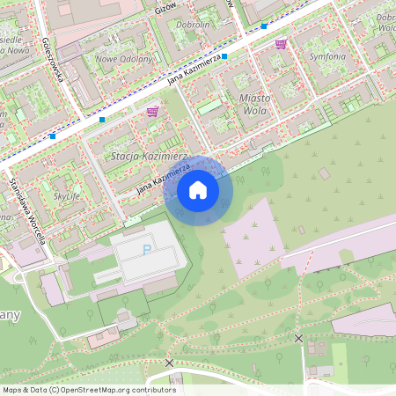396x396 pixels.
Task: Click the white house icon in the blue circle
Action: pyautogui.click(x=198, y=189)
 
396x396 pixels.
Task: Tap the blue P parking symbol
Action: pyautogui.click(x=145, y=249)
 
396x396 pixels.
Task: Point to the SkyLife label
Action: pyautogui.click(x=67, y=196)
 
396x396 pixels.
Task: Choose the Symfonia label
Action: pyautogui.click(x=327, y=55)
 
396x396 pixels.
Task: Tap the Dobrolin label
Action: pyautogui.click(x=193, y=25)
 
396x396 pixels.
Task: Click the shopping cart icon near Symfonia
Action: pyautogui.click(x=281, y=43)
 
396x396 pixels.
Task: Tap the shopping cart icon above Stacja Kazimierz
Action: pyautogui.click(x=153, y=112)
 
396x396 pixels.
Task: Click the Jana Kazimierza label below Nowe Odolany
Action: pyautogui.click(x=194, y=71)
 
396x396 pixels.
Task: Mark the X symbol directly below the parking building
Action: pyautogui.click(x=169, y=362)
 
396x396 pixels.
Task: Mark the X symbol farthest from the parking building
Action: pyautogui.click(x=299, y=338)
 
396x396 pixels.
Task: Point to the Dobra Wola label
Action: pyautogui.click(x=385, y=22)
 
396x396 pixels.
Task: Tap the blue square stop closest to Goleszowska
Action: pyautogui.click(x=102, y=119)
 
